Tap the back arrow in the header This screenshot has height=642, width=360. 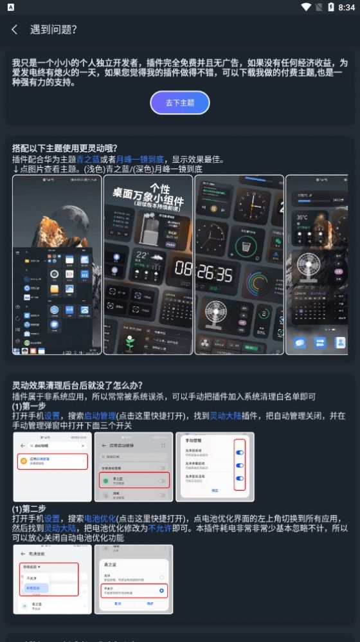pyautogui.click(x=15, y=30)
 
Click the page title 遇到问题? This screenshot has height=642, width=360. pyautogui.click(x=53, y=30)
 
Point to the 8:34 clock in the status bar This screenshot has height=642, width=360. pyautogui.click(x=346, y=7)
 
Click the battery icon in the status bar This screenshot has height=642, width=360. pyautogui.click(x=330, y=7)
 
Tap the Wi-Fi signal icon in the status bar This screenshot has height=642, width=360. pyautogui.click(x=306, y=7)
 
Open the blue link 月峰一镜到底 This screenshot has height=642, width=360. pyautogui.click(x=140, y=159)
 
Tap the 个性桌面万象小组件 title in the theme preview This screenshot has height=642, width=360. pyautogui.click(x=148, y=193)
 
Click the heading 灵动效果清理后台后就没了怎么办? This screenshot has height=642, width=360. pyautogui.click(x=78, y=386)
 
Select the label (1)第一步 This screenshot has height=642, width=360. pyautogui.click(x=29, y=407)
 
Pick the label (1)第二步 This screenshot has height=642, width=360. pyautogui.click(x=29, y=509)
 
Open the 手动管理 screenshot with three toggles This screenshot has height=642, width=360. pyautogui.click(x=215, y=466)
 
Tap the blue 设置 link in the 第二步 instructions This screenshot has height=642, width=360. pyautogui.click(x=51, y=518)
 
